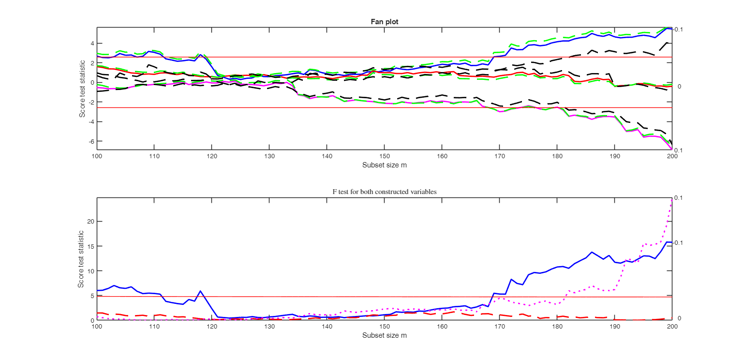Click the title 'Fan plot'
(x=384, y=21)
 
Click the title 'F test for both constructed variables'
(x=384, y=192)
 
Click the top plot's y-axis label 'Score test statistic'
(x=83, y=89)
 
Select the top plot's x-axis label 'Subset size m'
(x=384, y=165)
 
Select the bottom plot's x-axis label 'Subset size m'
(x=384, y=335)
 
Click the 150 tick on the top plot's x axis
(x=384, y=156)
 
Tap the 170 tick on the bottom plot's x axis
(x=499, y=327)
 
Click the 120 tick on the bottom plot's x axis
(x=211, y=327)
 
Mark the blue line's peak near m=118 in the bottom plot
(x=200, y=291)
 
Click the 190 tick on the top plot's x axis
(x=614, y=156)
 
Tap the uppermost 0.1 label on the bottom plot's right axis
(x=679, y=198)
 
